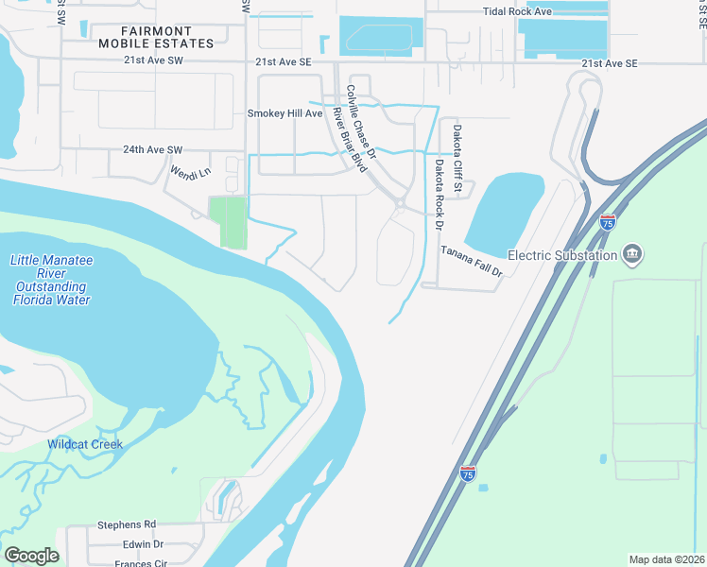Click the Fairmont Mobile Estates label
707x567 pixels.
click(x=156, y=37)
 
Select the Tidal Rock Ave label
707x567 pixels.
click(x=517, y=10)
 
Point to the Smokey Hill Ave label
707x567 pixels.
click(x=285, y=113)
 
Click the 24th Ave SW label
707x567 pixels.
click(x=152, y=149)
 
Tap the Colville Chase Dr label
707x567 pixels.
click(x=361, y=120)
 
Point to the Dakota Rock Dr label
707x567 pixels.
click(x=439, y=195)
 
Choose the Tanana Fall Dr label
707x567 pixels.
click(x=472, y=260)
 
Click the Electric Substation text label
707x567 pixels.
click(x=562, y=254)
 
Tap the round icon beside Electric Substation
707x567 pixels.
click(x=633, y=253)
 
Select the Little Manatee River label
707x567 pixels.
click(x=52, y=280)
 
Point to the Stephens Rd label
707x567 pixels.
click(x=127, y=524)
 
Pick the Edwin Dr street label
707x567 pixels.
click(x=143, y=545)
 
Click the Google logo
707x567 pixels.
click(x=31, y=556)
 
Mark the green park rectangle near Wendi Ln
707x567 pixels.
click(x=227, y=222)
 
